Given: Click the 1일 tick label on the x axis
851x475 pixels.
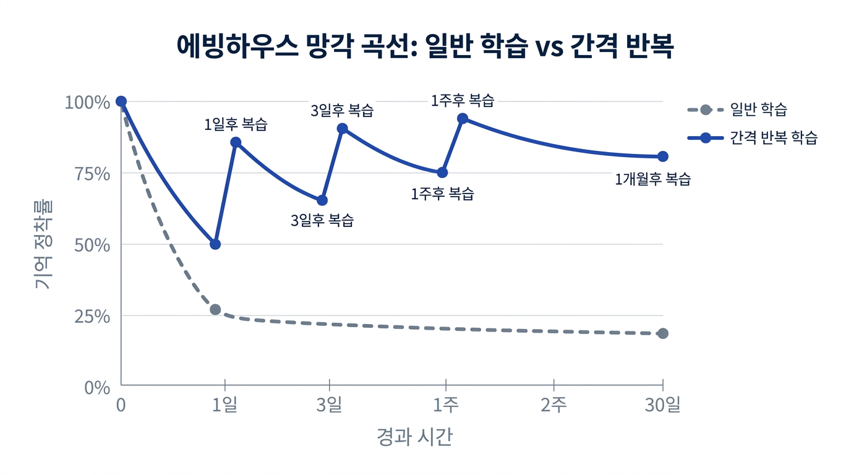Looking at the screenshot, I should (225, 406).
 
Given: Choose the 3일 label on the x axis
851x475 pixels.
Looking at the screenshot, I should (329, 406).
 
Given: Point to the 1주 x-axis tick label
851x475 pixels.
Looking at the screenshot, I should (445, 406).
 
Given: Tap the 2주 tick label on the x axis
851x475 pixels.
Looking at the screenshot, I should (554, 406).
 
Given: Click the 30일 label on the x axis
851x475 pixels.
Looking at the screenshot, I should (662, 406).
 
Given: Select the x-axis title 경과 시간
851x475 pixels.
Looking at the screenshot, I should (414, 437).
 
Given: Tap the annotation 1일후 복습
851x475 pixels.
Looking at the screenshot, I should (236, 124).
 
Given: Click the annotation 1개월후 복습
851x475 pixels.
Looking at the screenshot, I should (652, 179).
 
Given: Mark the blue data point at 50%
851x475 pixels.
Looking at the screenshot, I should (215, 244).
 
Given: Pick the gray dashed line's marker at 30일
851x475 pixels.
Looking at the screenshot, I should (662, 333).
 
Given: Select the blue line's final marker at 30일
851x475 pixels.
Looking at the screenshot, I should (662, 156).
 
